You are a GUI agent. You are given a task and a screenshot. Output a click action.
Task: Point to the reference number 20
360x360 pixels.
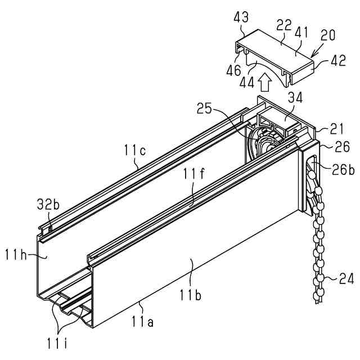point(328,35)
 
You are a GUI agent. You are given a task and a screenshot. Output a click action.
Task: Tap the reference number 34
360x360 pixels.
point(295,98)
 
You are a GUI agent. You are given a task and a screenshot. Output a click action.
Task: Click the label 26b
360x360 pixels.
point(343,168)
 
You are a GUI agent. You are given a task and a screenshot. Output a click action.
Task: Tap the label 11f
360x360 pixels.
point(191,175)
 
